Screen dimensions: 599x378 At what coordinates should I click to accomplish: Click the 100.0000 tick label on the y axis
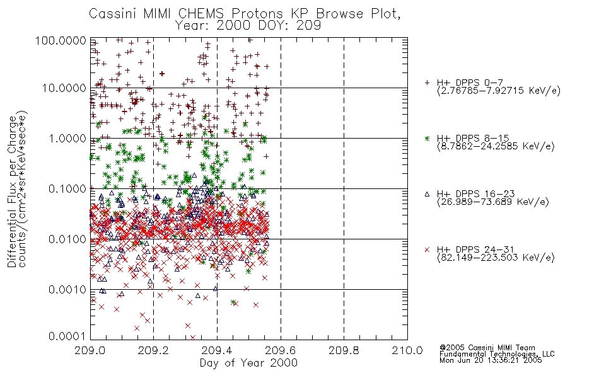click(x=61, y=40)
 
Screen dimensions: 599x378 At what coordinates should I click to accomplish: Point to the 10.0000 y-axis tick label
click(x=64, y=88)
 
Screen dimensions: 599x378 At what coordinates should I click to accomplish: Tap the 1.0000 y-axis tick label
click(x=67, y=138)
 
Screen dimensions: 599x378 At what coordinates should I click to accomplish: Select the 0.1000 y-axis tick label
click(x=67, y=188)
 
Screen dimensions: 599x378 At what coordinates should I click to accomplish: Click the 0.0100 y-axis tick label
click(x=67, y=239)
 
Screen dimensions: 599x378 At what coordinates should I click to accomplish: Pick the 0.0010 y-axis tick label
click(x=67, y=290)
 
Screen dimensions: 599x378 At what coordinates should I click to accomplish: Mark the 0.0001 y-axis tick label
click(x=67, y=336)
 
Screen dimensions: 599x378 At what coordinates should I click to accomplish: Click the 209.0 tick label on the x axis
click(x=90, y=350)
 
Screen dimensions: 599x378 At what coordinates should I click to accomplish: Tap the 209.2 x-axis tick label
click(x=153, y=350)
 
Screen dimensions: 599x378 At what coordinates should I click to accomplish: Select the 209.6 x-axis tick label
click(x=280, y=350)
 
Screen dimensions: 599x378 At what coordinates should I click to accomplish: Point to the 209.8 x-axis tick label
click(x=344, y=350)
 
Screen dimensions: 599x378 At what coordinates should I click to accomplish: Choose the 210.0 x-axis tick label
click(x=407, y=350)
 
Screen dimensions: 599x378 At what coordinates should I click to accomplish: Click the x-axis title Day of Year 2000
click(x=248, y=363)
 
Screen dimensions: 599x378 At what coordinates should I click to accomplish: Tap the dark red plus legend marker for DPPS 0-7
click(x=427, y=83)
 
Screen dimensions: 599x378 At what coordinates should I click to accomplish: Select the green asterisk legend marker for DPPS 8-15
click(x=427, y=138)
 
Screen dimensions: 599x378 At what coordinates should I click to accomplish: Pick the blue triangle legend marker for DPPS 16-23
click(x=427, y=194)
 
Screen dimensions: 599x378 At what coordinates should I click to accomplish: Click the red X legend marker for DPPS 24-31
click(x=427, y=249)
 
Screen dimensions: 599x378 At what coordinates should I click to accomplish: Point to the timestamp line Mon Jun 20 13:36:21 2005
click(x=491, y=360)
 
